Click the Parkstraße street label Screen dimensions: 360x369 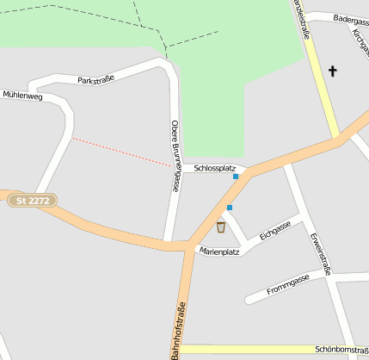tap(95, 78)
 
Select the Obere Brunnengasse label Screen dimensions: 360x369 tap(175, 155)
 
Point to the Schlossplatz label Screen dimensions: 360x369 tap(214, 168)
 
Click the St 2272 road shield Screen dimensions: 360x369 tap(35, 201)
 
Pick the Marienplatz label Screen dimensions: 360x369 tap(218, 251)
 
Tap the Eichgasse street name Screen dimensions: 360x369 tap(275, 229)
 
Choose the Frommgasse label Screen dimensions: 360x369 tap(288, 284)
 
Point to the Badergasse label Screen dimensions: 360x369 tap(350, 18)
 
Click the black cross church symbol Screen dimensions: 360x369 tap(333, 71)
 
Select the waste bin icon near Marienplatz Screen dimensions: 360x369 tap(221, 227)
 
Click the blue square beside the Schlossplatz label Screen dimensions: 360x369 tap(236, 177)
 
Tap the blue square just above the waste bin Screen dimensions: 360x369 tap(230, 208)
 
